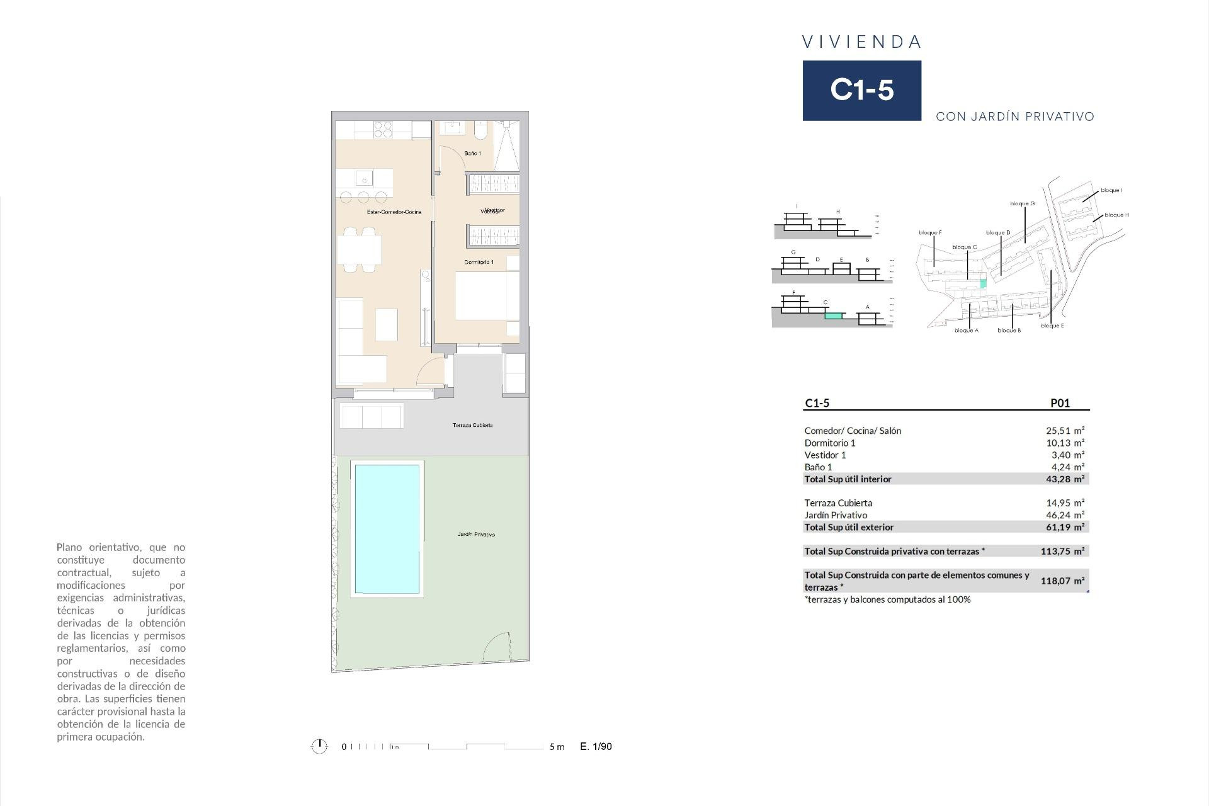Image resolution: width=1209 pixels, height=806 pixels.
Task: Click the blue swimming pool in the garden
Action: click(x=387, y=529)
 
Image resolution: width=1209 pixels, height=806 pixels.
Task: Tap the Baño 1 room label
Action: click(x=472, y=154)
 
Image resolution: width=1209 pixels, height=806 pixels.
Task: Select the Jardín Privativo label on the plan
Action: click(x=476, y=535)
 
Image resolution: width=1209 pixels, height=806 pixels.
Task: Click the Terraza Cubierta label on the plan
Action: click(x=472, y=426)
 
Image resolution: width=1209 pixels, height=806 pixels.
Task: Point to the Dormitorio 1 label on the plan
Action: click(x=479, y=262)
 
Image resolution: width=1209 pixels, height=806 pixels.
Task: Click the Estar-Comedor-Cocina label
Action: click(x=394, y=212)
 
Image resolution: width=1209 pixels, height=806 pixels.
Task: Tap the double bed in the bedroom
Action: click(x=487, y=296)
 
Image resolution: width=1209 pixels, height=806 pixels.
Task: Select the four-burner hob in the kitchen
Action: click(x=383, y=130)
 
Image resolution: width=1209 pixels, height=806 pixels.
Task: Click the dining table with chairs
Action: click(x=360, y=250)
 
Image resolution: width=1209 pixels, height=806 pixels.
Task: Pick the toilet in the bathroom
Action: click(x=480, y=130)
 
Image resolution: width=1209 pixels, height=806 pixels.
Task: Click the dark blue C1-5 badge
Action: click(x=861, y=90)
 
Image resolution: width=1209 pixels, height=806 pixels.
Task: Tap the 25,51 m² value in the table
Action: click(x=1065, y=431)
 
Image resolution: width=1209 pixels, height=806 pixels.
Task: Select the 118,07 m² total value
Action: click(x=1062, y=581)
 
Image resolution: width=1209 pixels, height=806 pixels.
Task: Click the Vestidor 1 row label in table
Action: click(x=825, y=455)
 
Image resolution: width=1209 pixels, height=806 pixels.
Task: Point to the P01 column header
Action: click(x=1060, y=404)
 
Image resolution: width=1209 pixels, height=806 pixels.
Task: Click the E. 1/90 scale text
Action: click(x=596, y=747)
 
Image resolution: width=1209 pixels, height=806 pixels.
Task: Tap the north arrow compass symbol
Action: click(x=319, y=747)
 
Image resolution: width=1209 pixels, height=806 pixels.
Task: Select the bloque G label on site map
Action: click(x=1022, y=203)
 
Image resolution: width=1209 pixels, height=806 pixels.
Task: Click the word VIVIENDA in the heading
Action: click(x=861, y=42)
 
